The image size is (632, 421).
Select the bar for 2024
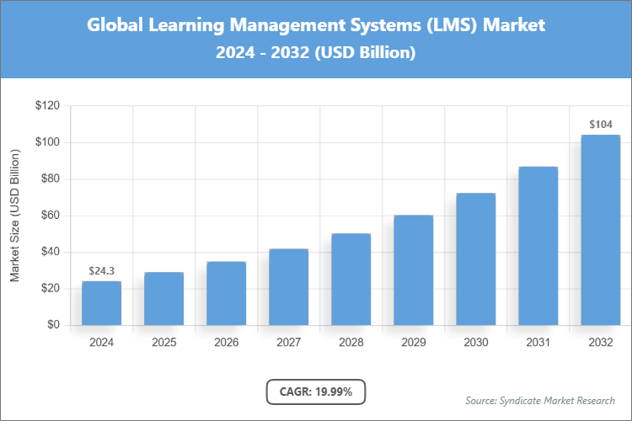click(101, 303)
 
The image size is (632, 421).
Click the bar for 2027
click(288, 287)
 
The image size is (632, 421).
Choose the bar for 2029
click(413, 270)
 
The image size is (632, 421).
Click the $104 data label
click(600, 125)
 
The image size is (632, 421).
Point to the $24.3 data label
click(101, 270)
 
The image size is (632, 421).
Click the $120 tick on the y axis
click(47, 106)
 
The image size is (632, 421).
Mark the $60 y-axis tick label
click(50, 216)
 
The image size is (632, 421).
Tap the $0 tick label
click(53, 325)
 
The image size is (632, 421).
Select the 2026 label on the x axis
click(226, 343)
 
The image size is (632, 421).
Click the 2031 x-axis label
click(538, 343)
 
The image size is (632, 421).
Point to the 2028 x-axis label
click(351, 343)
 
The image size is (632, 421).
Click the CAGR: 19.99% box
click(315, 391)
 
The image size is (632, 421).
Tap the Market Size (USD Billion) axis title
click(14, 216)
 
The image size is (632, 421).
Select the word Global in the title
click(115, 25)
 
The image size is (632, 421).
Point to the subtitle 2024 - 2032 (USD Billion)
click(315, 52)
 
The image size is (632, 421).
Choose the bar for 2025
click(163, 299)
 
